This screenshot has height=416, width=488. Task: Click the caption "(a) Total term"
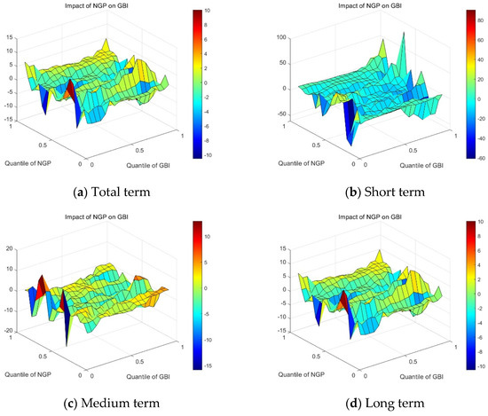pyautogui.click(x=112, y=192)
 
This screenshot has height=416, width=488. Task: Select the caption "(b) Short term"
pyautogui.click(x=385, y=192)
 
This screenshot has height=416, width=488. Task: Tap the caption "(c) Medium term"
pyautogui.click(x=112, y=403)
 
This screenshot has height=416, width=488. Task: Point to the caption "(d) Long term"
pyautogui.click(x=385, y=403)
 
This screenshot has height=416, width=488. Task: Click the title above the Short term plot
pyautogui.click(x=370, y=5)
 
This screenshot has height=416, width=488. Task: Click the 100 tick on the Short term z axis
pyautogui.click(x=281, y=37)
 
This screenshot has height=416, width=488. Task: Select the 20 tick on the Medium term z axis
pyautogui.click(x=10, y=248)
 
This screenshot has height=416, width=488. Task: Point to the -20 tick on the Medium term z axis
pyautogui.click(x=8, y=331)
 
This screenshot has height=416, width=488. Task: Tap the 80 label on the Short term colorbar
pyautogui.click(x=481, y=20)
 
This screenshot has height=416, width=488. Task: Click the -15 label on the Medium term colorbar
pyautogui.click(x=208, y=366)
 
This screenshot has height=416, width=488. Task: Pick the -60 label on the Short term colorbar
pyautogui.click(x=481, y=158)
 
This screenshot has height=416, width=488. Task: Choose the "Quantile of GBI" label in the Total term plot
pyautogui.click(x=148, y=166)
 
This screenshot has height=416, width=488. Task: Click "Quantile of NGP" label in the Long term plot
pyautogui.click(x=302, y=374)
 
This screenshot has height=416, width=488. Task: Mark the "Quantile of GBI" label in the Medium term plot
pyautogui.click(x=148, y=377)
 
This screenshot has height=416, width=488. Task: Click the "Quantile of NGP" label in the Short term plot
pyautogui.click(x=302, y=163)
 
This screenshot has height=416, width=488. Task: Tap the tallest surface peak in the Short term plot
pyautogui.click(x=404, y=32)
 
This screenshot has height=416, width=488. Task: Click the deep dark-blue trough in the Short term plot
pyautogui.click(x=350, y=124)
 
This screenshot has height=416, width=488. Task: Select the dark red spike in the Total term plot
pyautogui.click(x=71, y=90)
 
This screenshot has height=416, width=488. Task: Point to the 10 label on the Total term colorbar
pyautogui.click(x=208, y=11)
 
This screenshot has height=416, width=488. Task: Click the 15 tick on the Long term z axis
pyautogui.click(x=283, y=248)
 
